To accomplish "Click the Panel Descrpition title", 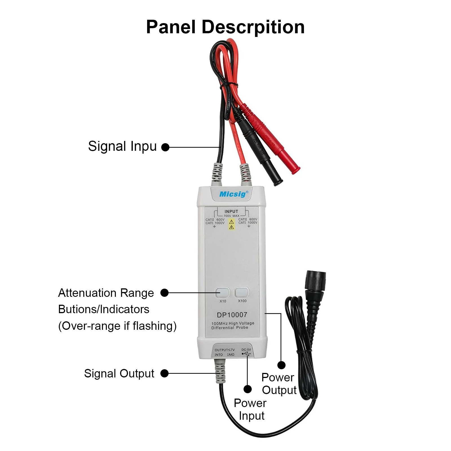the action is [x=225, y=27].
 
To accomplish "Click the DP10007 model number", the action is [x=232, y=315].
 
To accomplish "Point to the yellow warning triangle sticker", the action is [x=231, y=224].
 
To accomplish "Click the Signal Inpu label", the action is [x=122, y=146].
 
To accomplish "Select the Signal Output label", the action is [x=119, y=373].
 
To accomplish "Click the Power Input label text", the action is [x=250, y=409].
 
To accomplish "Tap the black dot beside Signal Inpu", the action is [x=165, y=147].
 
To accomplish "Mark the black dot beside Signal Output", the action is [x=164, y=373].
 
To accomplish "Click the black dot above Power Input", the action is [x=247, y=389].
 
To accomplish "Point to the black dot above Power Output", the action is [x=281, y=365].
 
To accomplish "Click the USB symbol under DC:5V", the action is [x=246, y=353].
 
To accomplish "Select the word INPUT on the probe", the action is [x=231, y=211].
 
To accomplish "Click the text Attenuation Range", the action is [x=106, y=293].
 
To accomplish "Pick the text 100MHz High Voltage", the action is [x=233, y=323].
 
